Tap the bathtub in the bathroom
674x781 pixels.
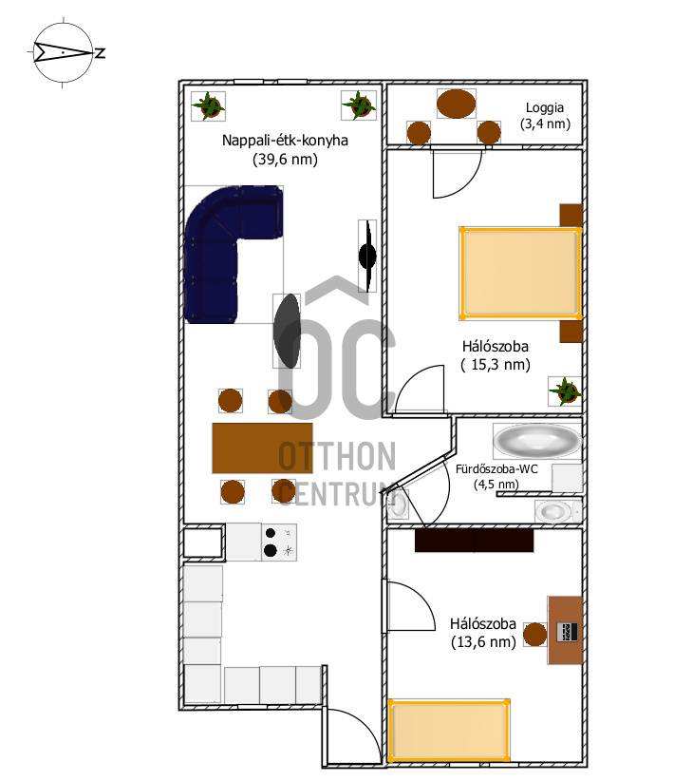point(537,441)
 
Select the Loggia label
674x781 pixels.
point(545,107)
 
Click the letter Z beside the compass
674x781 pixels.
point(100,53)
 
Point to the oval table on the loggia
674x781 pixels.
point(456,104)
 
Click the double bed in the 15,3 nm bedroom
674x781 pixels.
point(520,273)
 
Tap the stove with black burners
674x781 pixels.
point(279,542)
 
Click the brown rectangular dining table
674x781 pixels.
point(262,448)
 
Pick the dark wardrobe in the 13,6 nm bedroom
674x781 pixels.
point(474,541)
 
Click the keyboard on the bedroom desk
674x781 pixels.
point(567,632)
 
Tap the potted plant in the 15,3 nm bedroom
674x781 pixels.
point(565,391)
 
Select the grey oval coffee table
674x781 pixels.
point(287,331)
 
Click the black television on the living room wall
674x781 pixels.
point(367,256)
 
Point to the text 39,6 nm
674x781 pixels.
point(285,160)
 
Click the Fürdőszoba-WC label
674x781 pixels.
point(496,469)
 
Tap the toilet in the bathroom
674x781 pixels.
point(558,511)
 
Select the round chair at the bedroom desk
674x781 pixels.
point(535,634)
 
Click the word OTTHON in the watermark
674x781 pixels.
point(337,456)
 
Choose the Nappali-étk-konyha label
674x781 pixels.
point(285,141)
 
